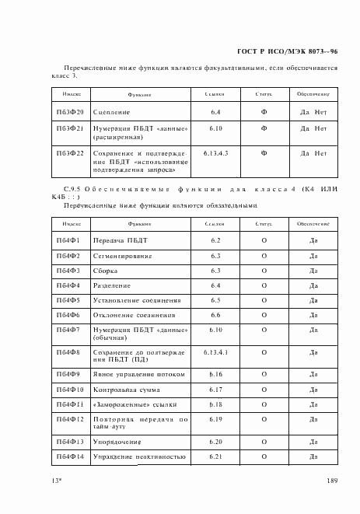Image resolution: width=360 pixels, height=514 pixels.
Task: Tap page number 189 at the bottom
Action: (x=332, y=481)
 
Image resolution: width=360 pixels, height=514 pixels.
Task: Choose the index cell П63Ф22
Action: (x=71, y=153)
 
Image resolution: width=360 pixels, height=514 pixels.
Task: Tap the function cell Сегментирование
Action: (x=121, y=256)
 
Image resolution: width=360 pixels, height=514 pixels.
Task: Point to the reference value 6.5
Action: (x=215, y=300)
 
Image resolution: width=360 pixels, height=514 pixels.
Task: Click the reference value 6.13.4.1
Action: (x=215, y=352)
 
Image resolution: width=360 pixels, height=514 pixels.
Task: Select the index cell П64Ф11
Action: (x=71, y=404)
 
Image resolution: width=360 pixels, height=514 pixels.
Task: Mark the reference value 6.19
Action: (x=215, y=419)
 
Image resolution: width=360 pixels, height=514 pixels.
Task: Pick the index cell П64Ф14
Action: (x=71, y=456)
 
